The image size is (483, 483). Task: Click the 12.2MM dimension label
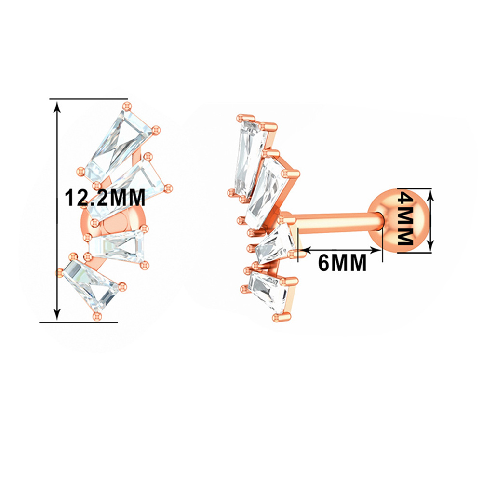(105, 198)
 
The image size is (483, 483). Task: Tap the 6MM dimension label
(342, 262)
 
